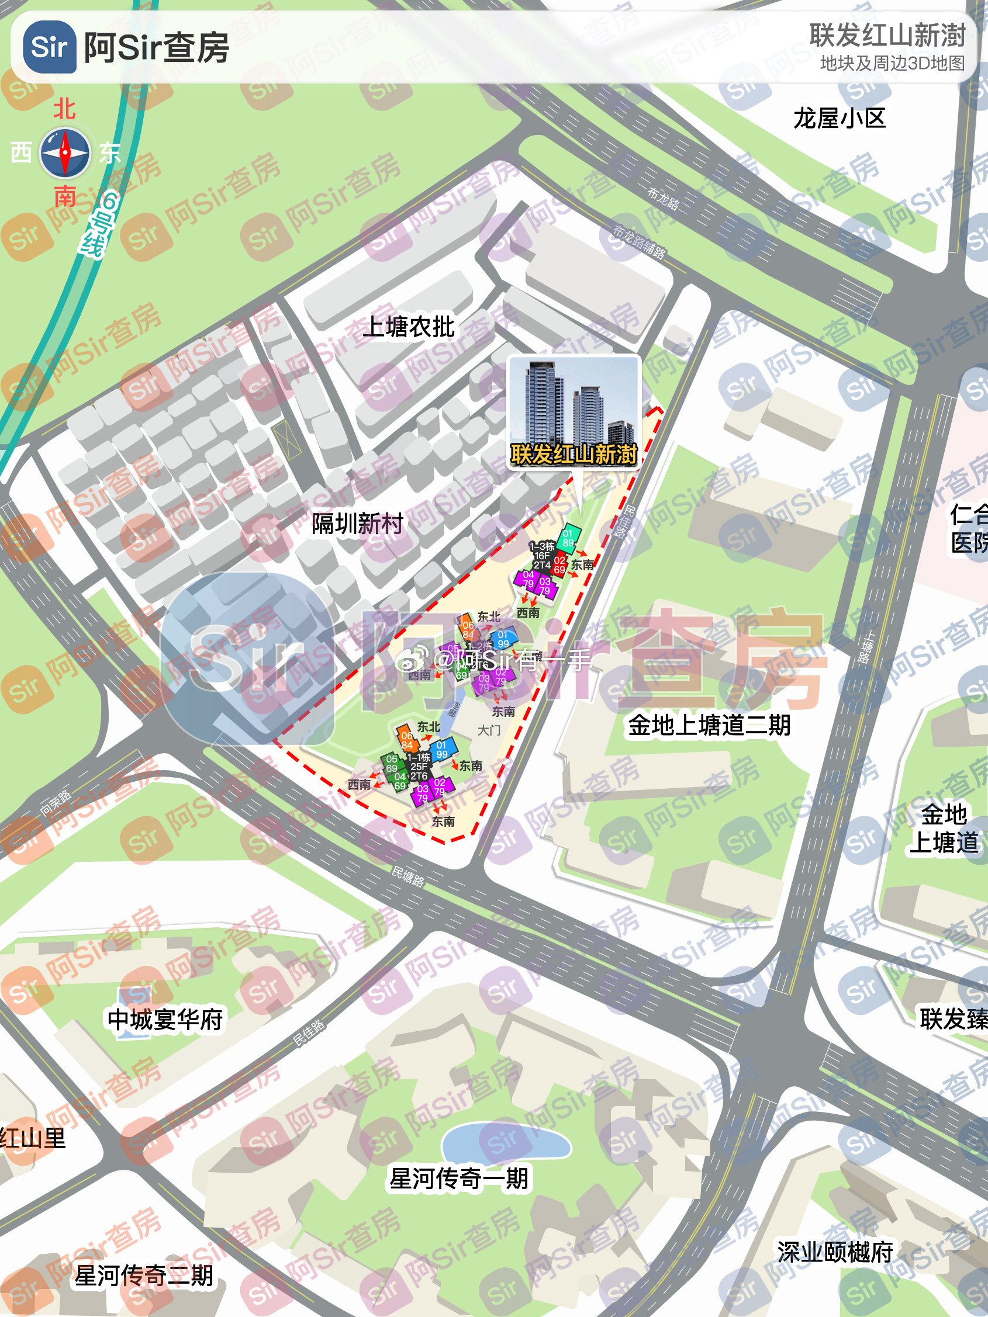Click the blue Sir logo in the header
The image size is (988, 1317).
click(x=50, y=46)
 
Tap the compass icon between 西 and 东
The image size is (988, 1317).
click(x=65, y=153)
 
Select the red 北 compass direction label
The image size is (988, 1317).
click(x=64, y=109)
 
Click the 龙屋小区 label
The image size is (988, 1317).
click(x=839, y=119)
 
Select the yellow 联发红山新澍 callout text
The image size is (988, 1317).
click(x=574, y=454)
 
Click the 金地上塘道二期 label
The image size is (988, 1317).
click(x=709, y=725)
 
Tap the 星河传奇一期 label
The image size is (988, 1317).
click(x=458, y=1179)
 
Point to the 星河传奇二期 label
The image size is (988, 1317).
click(x=144, y=1276)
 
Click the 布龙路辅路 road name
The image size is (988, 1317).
click(x=639, y=242)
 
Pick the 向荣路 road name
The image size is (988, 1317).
click(x=56, y=803)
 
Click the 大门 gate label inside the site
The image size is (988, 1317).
click(x=489, y=730)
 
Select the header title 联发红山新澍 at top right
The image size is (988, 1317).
click(x=887, y=36)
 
